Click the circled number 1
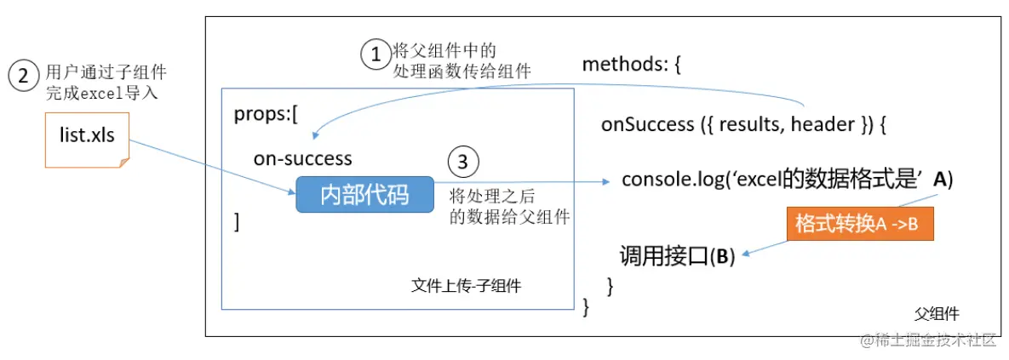(375, 55)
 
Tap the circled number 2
(23, 76)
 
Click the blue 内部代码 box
(364, 195)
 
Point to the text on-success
(302, 158)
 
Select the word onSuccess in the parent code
(647, 124)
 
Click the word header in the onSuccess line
(823, 124)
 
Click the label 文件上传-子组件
(466, 287)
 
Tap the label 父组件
(937, 313)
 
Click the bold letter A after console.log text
(940, 180)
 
